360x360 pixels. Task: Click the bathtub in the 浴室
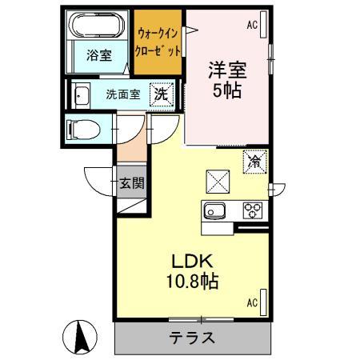point(97,27)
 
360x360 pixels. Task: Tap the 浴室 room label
point(99,56)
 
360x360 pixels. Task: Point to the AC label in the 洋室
point(252,26)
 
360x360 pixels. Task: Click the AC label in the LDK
point(251,302)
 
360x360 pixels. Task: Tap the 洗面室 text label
point(123,94)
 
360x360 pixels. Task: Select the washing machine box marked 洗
point(162,93)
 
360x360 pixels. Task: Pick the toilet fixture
point(80,127)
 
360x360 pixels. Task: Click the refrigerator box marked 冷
point(254,162)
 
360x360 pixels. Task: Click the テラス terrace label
point(192,337)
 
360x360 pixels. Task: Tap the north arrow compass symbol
point(81,336)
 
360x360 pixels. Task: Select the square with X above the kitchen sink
point(218,179)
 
